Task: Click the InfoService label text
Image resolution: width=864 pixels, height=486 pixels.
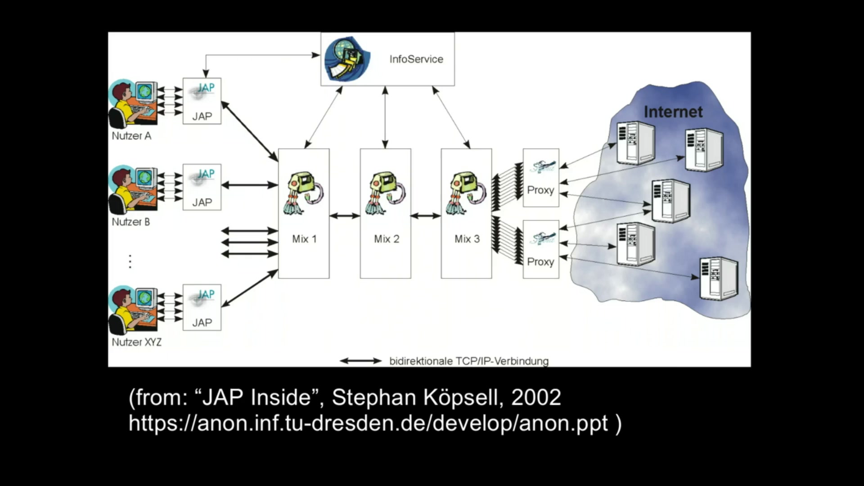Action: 416,59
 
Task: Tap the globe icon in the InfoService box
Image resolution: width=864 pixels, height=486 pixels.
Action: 347,59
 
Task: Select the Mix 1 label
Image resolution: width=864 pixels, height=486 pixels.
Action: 304,239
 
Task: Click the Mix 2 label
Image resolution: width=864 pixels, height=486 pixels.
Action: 387,239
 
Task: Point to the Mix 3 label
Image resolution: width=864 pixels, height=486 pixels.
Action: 467,239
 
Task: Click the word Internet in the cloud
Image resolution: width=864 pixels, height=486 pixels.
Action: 673,112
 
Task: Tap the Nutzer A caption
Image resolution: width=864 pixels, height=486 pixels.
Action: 131,136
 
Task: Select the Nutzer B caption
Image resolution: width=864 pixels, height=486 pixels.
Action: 130,222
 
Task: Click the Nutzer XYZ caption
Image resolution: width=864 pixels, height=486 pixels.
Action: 136,342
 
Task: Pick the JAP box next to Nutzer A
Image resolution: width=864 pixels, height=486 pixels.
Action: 202,101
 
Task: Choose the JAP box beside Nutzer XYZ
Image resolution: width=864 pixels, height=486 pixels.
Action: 202,307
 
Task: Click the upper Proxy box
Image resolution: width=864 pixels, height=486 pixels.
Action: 541,178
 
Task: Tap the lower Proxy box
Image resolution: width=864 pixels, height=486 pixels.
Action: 541,249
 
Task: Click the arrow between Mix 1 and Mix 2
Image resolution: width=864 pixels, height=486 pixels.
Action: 345,216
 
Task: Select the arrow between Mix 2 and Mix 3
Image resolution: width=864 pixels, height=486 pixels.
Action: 426,216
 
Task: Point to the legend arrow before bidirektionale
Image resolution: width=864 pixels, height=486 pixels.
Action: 360,361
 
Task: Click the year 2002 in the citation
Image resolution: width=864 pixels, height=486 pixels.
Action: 536,397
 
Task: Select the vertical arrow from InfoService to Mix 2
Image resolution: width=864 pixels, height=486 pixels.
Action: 385,117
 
